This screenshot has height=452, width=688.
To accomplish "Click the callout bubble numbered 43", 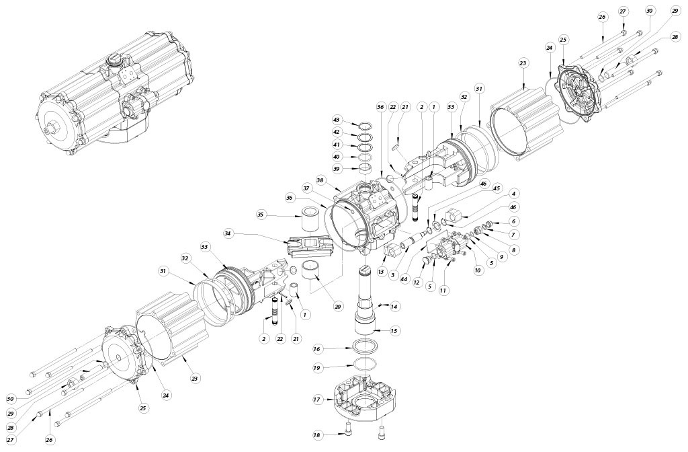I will pyautogui.click(x=337, y=120).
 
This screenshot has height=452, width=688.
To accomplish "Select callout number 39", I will pyautogui.click(x=337, y=168).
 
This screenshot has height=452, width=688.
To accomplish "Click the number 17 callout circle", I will pyautogui.click(x=318, y=400).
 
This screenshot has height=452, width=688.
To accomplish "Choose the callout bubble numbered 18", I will pyautogui.click(x=318, y=435).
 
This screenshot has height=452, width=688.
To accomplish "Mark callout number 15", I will pyautogui.click(x=394, y=331).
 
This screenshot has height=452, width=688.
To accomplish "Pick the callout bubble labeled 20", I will pyautogui.click(x=337, y=306).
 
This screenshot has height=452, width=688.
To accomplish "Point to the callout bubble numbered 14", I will pyautogui.click(x=394, y=306).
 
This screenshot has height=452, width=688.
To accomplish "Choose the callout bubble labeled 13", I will pyautogui.click(x=380, y=272).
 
